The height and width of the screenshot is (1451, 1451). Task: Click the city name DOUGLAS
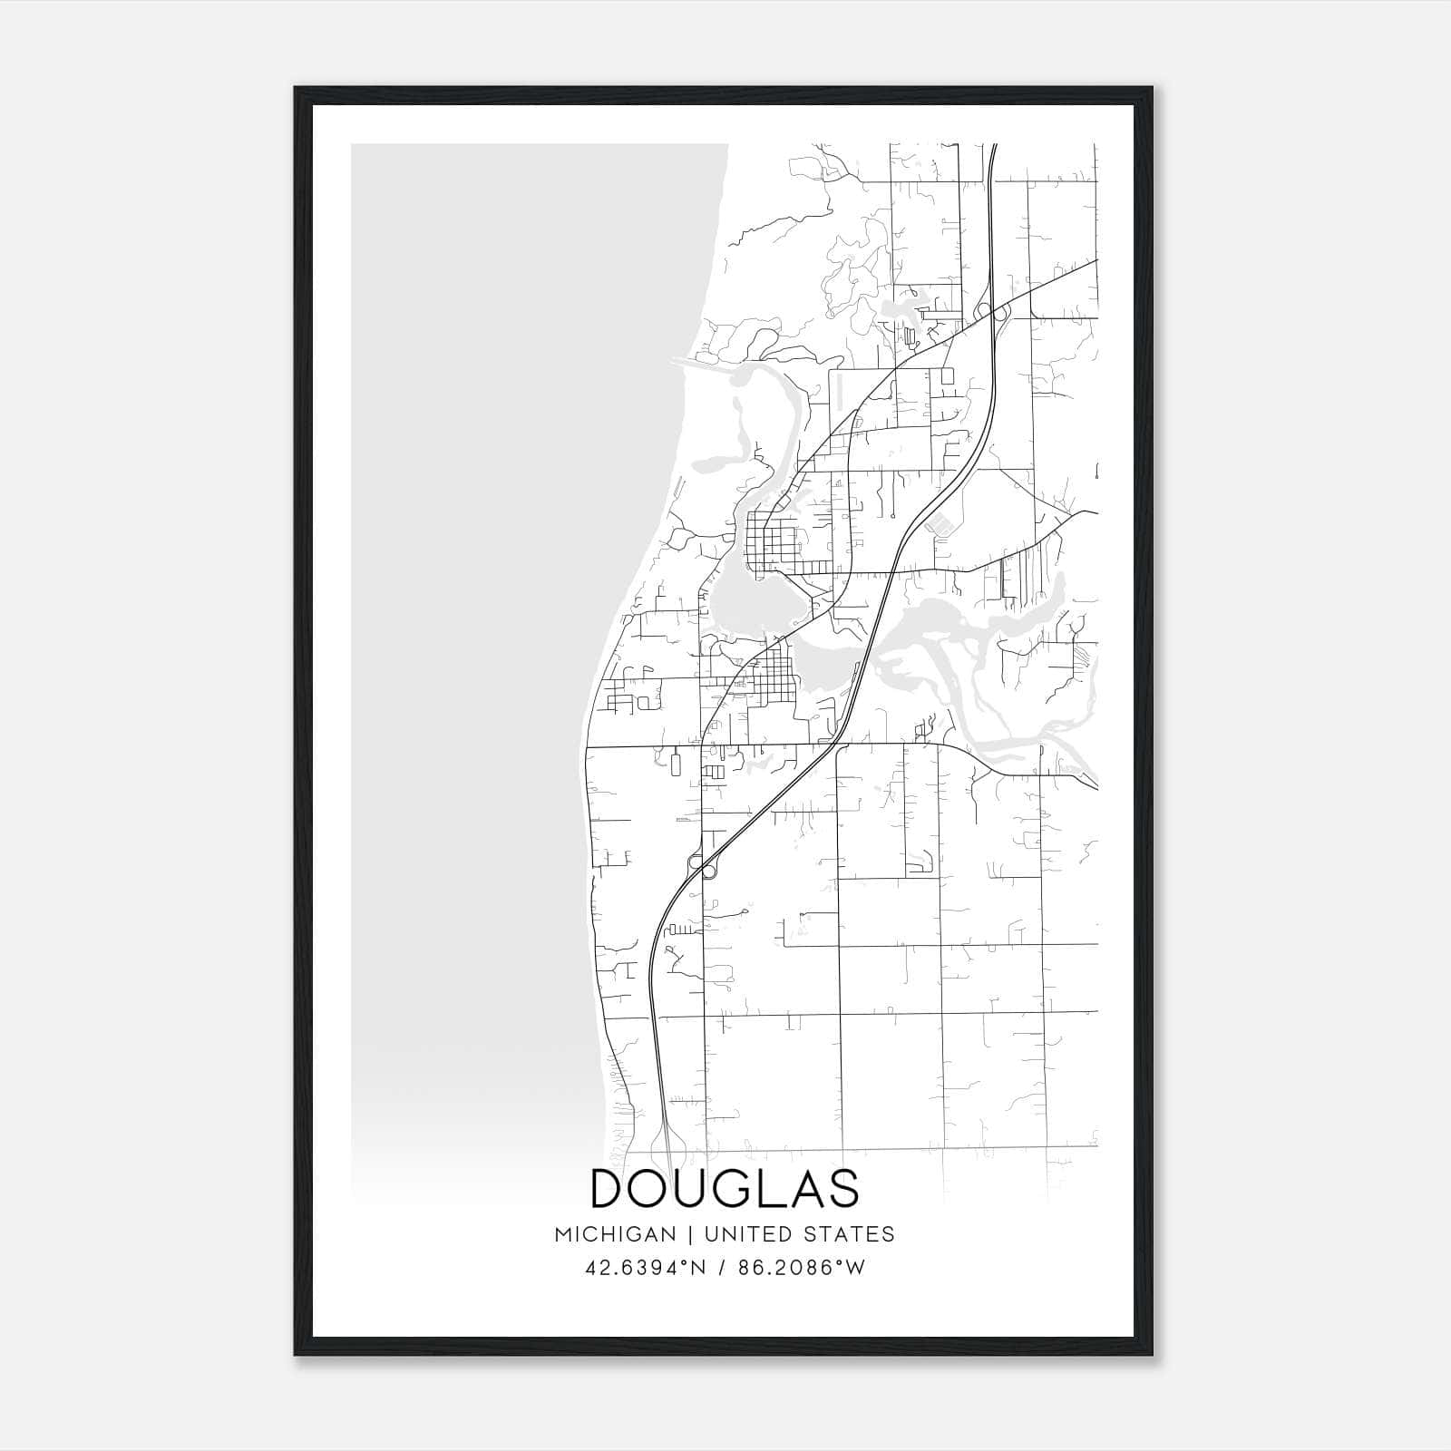[x=725, y=1189]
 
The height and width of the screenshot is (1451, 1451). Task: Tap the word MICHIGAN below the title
[x=615, y=1234]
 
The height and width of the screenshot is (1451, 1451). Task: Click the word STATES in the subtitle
[x=850, y=1234]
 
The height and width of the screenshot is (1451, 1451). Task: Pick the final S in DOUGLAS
[x=843, y=1189]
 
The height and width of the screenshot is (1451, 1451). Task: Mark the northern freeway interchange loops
[x=992, y=312]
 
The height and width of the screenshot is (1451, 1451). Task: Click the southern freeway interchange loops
[x=701, y=865]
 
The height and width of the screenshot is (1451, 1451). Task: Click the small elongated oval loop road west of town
[x=675, y=763]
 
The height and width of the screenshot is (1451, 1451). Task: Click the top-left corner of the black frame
[x=295, y=87]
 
